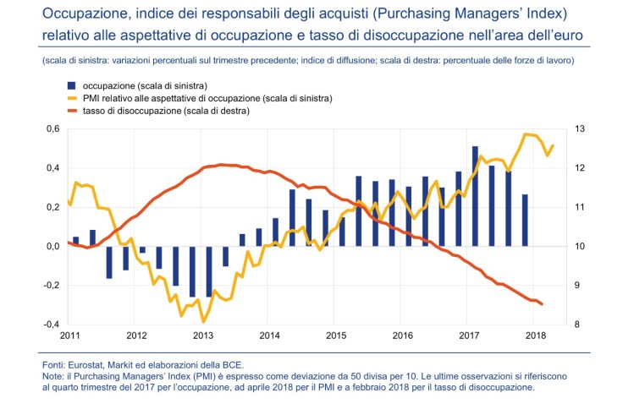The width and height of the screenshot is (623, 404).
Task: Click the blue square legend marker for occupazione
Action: pos(72,86)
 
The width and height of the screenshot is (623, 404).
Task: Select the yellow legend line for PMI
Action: pos(72,99)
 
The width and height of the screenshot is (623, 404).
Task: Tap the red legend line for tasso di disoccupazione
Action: pos(72,111)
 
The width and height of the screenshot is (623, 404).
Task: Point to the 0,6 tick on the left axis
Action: pos(52,129)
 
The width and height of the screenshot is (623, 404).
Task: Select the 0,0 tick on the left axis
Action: pos(52,247)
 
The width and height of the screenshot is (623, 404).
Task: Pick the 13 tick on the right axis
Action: pos(580,129)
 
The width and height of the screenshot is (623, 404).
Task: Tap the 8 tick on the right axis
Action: pos(577,325)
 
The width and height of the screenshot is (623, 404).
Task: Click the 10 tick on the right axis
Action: pos(580,247)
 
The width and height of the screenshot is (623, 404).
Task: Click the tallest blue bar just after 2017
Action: pos(475,196)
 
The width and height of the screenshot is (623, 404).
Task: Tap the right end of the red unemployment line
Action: pos(542,304)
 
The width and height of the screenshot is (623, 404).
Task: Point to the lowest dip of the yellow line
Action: pos(203,321)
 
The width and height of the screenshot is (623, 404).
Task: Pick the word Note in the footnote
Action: pos(52,375)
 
